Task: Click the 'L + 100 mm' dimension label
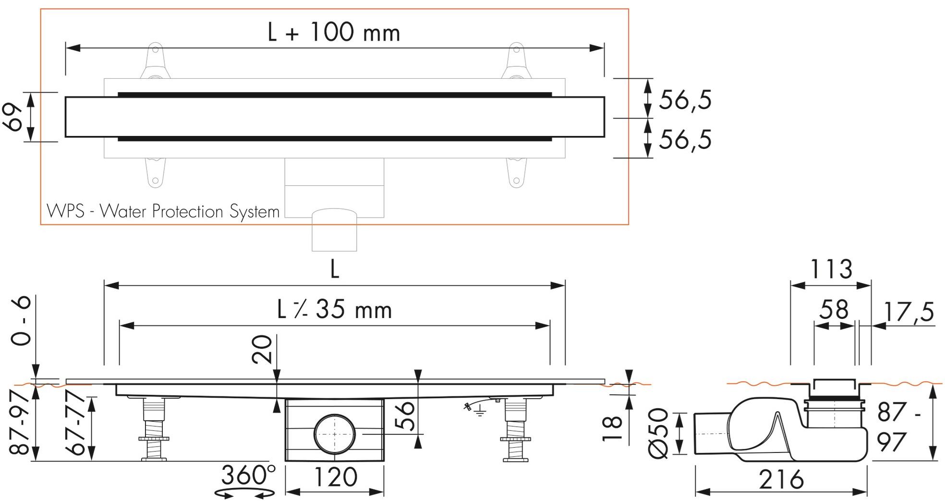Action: click(334, 33)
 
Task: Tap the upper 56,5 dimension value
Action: click(685, 100)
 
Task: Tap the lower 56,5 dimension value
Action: click(685, 140)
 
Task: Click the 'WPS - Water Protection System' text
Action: click(163, 211)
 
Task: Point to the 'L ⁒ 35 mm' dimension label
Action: click(335, 310)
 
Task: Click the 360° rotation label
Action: click(248, 476)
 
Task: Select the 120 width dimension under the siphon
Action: click(335, 477)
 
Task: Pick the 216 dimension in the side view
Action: click(781, 479)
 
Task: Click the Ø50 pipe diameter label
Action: click(658, 433)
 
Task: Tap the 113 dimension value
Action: click(831, 269)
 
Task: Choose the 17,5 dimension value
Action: click(909, 312)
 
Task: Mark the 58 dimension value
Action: click(834, 310)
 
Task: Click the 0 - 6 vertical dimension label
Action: click(21, 321)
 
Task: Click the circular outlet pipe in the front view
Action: click(334, 433)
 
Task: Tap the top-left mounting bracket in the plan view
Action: click(155, 61)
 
